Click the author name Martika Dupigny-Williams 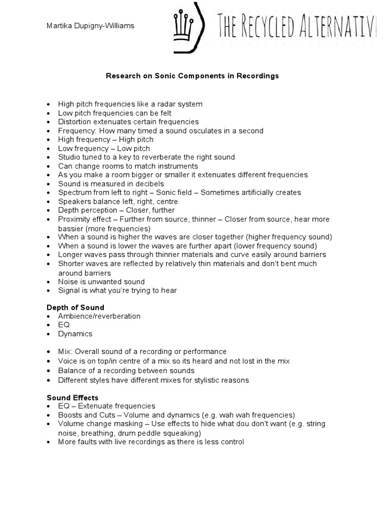[90, 26]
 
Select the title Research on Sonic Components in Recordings [192, 76]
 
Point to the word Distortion [74, 121]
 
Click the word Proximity [74, 219]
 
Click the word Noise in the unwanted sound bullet [68, 282]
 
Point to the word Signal [69, 290]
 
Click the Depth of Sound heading [75, 307]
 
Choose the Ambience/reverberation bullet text [99, 316]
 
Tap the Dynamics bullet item [75, 334]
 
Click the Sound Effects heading [73, 398]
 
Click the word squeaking [183, 433]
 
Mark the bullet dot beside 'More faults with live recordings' [49, 442]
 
